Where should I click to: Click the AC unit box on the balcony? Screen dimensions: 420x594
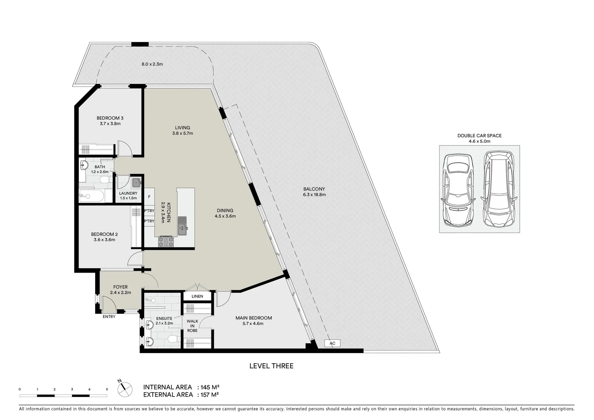tap(332, 343)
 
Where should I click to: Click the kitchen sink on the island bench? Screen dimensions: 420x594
tap(182, 226)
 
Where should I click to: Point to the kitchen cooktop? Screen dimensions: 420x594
tap(166, 242)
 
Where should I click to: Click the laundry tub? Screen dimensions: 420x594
tap(136, 182)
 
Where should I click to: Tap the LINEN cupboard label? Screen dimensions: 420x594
tap(197, 296)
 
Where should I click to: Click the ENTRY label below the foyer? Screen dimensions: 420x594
tap(109, 317)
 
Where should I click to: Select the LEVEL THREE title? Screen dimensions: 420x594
tap(271, 366)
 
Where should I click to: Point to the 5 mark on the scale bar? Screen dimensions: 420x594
tap(107, 389)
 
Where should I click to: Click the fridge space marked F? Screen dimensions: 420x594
tap(149, 197)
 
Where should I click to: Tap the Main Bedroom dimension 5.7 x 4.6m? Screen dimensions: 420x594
tap(254, 324)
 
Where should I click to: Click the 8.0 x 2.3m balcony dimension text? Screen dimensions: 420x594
tap(152, 64)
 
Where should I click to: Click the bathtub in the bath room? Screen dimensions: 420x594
tap(92, 196)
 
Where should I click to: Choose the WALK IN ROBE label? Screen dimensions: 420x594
tap(192, 326)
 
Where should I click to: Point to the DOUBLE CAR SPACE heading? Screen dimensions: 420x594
tap(479, 136)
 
